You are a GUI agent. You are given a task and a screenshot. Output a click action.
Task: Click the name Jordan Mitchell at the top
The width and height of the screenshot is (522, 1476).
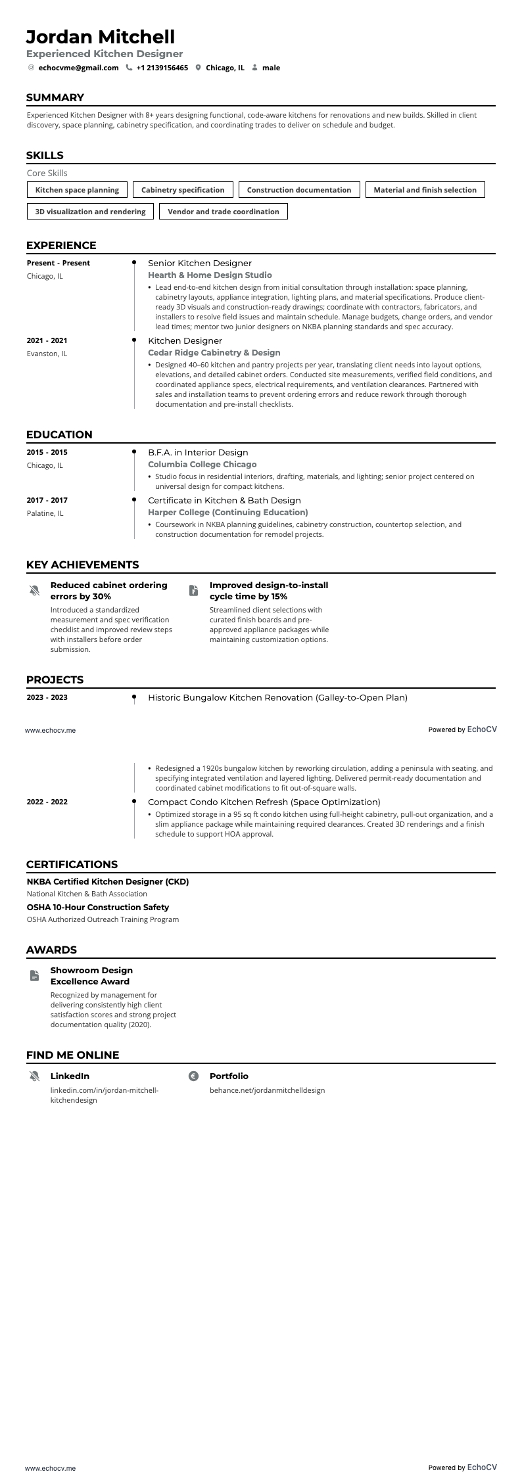click(x=101, y=37)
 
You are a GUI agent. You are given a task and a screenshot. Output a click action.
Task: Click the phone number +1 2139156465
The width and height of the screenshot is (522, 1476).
click(x=162, y=68)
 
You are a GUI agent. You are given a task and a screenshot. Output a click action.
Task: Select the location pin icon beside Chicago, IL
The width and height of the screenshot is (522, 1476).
click(x=198, y=68)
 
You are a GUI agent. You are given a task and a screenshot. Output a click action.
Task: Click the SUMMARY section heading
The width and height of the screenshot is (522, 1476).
click(x=55, y=98)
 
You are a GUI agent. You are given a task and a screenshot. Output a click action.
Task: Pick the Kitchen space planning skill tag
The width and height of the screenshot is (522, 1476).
click(x=77, y=190)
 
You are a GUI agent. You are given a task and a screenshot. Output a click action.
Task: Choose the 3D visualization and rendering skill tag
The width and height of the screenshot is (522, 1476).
click(x=90, y=212)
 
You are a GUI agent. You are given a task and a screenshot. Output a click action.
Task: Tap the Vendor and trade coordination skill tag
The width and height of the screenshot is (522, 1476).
click(x=224, y=212)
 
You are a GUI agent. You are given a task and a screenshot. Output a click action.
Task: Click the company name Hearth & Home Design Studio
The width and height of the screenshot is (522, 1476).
click(x=210, y=275)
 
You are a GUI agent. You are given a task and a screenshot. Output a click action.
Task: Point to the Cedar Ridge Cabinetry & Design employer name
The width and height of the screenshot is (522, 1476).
click(x=214, y=353)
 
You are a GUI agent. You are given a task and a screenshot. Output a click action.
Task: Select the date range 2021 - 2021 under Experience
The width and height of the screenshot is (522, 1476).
click(x=47, y=340)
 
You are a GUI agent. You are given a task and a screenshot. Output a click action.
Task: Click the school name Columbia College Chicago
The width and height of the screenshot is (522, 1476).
click(x=202, y=465)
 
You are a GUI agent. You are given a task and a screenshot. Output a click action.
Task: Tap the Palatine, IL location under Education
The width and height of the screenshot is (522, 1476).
click(x=45, y=513)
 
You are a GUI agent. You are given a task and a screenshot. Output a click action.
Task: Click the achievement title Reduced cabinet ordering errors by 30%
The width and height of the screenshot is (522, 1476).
click(x=108, y=591)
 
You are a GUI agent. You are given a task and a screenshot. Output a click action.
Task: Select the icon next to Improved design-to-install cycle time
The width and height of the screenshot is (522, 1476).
click(x=193, y=590)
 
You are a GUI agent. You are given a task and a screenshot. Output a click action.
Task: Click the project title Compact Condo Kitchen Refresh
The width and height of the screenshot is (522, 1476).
click(x=264, y=802)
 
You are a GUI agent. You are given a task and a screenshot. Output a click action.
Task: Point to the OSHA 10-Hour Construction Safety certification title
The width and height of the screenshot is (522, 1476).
click(x=98, y=907)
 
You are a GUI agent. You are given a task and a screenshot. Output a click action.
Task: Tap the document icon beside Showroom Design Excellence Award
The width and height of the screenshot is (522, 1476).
click(x=34, y=976)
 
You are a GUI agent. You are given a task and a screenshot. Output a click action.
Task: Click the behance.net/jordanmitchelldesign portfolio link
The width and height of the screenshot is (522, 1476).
click(x=267, y=1090)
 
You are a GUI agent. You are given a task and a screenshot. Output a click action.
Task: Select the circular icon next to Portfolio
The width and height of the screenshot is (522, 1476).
click(x=193, y=1076)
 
